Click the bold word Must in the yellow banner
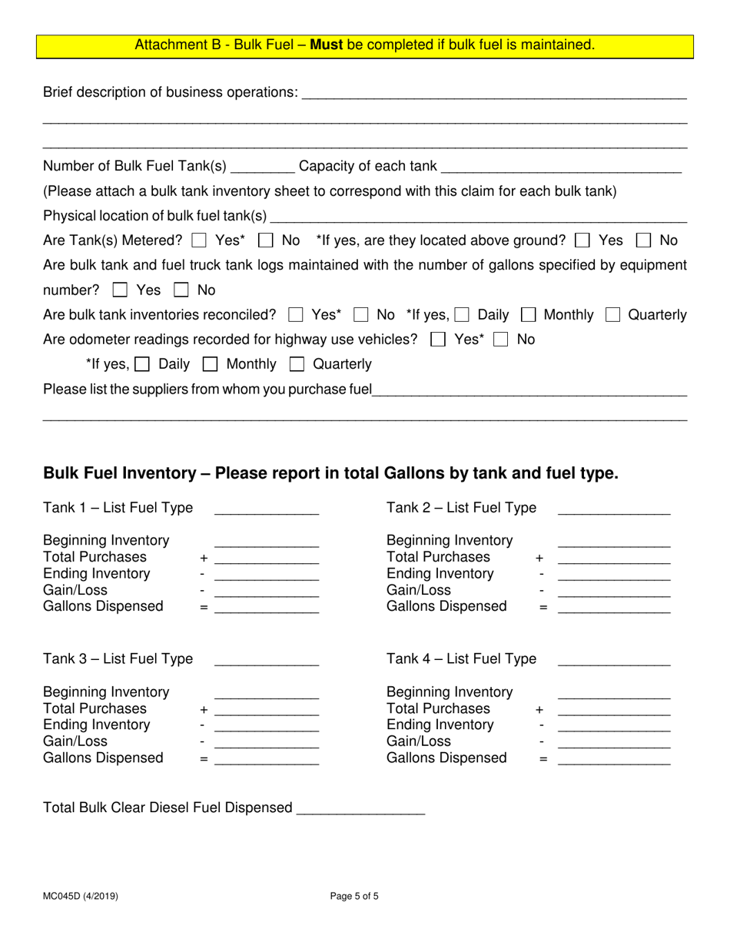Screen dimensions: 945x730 pyautogui.click(x=327, y=45)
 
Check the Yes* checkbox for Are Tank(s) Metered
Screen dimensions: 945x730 pyautogui.click(x=200, y=241)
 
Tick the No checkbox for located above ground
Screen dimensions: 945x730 pyautogui.click(x=644, y=241)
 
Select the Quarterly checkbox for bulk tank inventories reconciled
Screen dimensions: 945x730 pyautogui.click(x=613, y=315)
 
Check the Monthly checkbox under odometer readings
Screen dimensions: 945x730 pyautogui.click(x=210, y=364)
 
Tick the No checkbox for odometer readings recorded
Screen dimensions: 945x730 pyautogui.click(x=501, y=340)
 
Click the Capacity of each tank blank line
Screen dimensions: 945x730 pyautogui.click(x=561, y=167)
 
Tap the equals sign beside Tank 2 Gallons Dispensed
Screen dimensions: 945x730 pyautogui.click(x=543, y=608)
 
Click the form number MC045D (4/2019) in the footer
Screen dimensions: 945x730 pyautogui.click(x=81, y=896)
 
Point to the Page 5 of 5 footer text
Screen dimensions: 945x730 pyautogui.click(x=354, y=896)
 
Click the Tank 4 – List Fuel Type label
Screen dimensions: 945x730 pyautogui.click(x=461, y=659)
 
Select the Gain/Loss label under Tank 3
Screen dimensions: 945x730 pyautogui.click(x=75, y=741)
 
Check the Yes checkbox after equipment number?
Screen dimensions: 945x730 pyautogui.click(x=121, y=291)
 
